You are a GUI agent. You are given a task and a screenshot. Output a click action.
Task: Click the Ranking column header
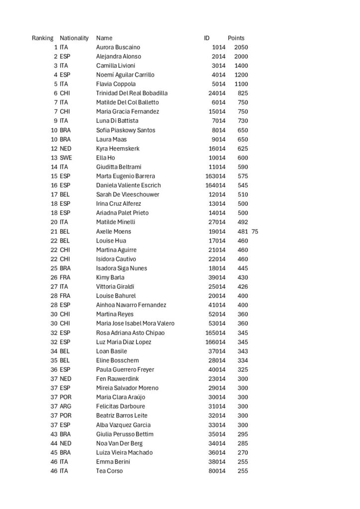click(x=43, y=38)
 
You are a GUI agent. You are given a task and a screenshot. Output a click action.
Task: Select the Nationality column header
click(x=74, y=38)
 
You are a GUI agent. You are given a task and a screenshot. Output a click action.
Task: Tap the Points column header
click(x=236, y=38)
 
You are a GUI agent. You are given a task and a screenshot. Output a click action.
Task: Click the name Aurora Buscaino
click(x=118, y=47)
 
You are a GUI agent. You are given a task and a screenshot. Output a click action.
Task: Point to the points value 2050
click(x=241, y=47)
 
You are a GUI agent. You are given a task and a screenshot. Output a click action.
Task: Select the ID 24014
click(x=217, y=93)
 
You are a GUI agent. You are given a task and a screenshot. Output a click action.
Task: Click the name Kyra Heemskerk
click(x=118, y=148)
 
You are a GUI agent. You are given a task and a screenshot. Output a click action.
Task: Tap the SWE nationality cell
click(x=66, y=158)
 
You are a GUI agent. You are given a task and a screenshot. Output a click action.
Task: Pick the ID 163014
click(x=215, y=176)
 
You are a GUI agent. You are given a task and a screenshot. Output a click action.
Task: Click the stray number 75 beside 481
click(x=255, y=231)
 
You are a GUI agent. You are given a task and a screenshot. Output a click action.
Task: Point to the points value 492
click(x=242, y=222)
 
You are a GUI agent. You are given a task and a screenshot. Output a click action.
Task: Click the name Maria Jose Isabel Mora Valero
click(x=135, y=323)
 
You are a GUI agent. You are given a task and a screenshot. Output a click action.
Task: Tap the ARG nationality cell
click(x=66, y=406)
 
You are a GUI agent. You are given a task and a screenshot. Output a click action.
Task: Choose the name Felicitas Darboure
click(x=121, y=406)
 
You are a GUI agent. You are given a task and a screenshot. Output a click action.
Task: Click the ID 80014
click(x=217, y=471)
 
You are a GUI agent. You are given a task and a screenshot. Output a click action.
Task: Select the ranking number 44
click(x=54, y=443)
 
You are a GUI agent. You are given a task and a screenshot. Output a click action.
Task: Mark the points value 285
click(x=242, y=443)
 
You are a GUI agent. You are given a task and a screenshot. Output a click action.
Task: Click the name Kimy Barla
click(x=110, y=277)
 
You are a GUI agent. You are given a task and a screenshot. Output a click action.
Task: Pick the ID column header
click(x=207, y=38)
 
